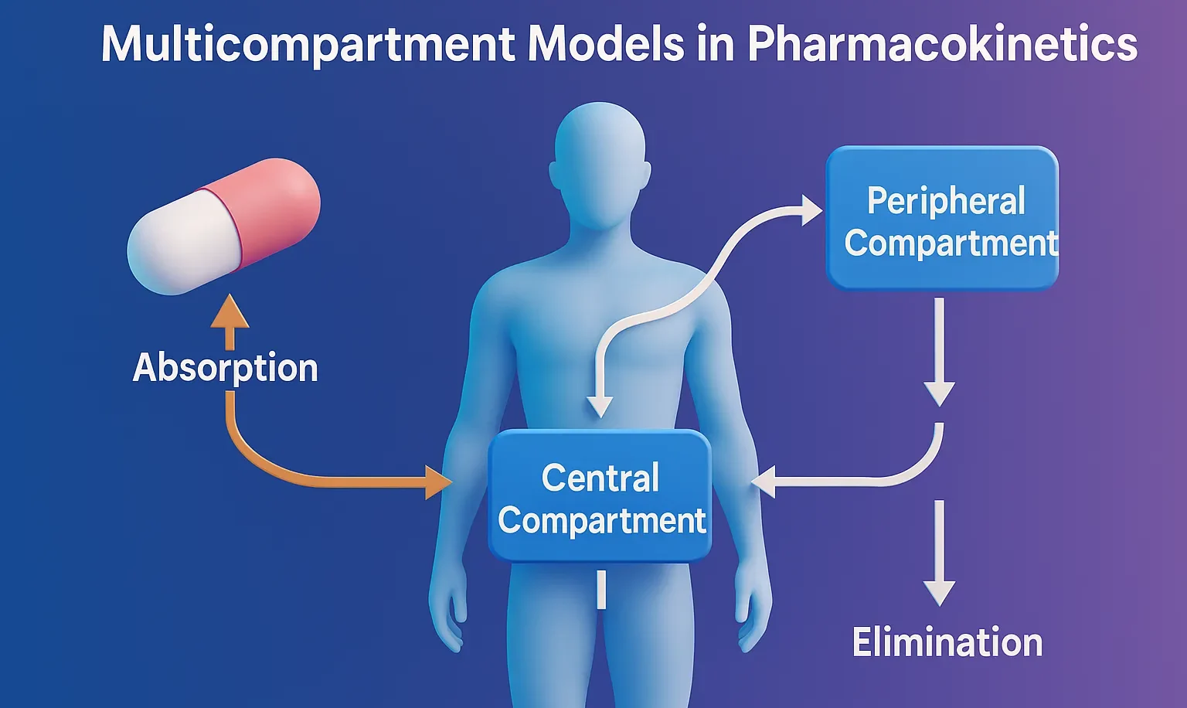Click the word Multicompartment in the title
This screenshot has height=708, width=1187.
tap(308, 44)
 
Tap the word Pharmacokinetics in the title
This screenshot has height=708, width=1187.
tap(942, 44)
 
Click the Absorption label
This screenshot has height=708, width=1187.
tap(225, 367)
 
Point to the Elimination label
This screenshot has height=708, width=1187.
tap(947, 642)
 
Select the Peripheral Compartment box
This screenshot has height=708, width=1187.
tap(942, 219)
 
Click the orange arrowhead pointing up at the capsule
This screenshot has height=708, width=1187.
tap(230, 311)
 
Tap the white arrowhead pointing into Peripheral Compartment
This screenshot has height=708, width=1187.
tap(811, 210)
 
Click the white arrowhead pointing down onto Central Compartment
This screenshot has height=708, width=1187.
tap(600, 407)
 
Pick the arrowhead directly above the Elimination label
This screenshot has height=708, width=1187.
tap(940, 592)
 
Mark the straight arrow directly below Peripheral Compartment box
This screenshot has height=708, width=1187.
tap(940, 352)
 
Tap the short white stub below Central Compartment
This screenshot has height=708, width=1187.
tap(601, 590)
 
